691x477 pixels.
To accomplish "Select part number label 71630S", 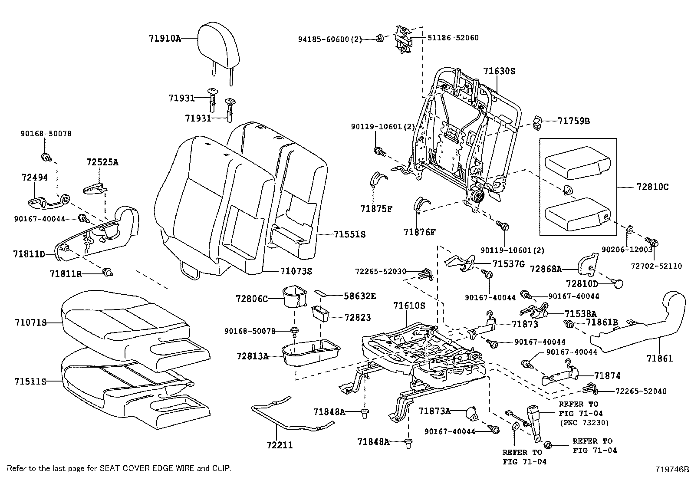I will tap(499, 71).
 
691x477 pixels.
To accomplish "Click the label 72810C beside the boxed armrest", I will tap(652, 188).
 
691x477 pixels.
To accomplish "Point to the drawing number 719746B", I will tap(672, 469).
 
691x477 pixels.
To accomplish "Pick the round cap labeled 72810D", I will tap(618, 283).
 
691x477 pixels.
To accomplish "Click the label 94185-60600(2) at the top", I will tap(329, 39).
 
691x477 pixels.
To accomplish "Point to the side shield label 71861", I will tap(659, 358).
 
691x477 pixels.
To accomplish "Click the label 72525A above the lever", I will tap(102, 162).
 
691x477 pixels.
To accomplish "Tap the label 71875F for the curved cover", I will tap(376, 209).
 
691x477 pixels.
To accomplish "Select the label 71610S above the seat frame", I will tap(409, 306).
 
